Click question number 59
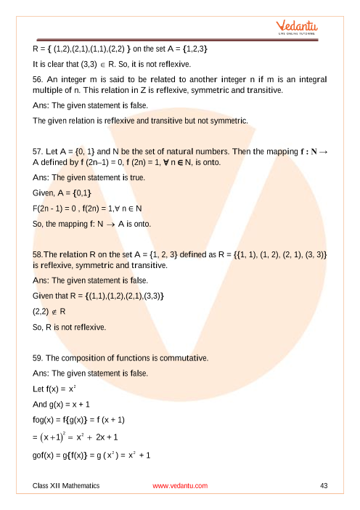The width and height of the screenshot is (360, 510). [x=41, y=358]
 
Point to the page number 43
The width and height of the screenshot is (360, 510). [x=324, y=485]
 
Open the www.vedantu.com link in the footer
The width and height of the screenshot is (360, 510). [x=180, y=485]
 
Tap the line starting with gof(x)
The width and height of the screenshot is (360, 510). [x=91, y=455]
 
